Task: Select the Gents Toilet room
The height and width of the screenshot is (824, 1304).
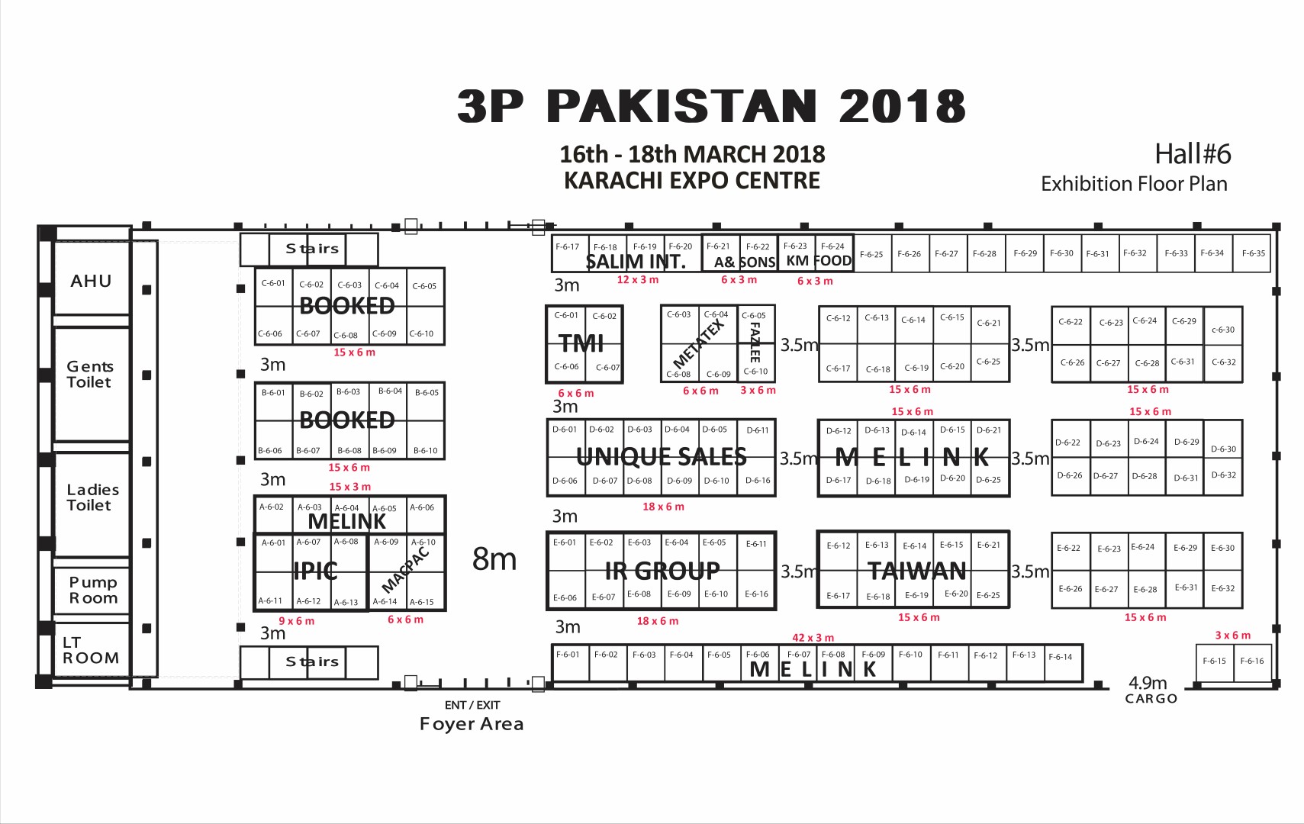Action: coord(92,384)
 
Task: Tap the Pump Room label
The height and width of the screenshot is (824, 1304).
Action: coord(93,590)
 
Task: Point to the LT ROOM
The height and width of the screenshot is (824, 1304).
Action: coord(92,650)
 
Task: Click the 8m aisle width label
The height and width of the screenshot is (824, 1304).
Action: coord(494,559)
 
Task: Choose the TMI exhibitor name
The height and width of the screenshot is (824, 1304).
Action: coord(581,344)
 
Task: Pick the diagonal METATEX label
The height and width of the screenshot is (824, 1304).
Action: coord(698,343)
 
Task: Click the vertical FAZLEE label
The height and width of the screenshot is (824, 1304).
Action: coord(755,342)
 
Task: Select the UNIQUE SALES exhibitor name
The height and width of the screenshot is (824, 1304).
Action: coord(662,457)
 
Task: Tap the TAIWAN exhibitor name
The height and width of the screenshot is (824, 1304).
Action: coord(917,571)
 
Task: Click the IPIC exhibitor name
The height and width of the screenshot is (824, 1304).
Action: coord(315,571)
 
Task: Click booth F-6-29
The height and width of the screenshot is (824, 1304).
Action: coord(1025,253)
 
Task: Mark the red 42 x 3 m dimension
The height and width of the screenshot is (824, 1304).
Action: coord(813,638)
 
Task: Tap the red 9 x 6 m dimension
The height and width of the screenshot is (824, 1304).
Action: coord(296,621)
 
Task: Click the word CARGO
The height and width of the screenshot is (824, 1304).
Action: coord(1151,698)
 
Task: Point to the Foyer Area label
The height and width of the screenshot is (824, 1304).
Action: coord(472,724)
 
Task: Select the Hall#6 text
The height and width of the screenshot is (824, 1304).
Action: coord(1193,154)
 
